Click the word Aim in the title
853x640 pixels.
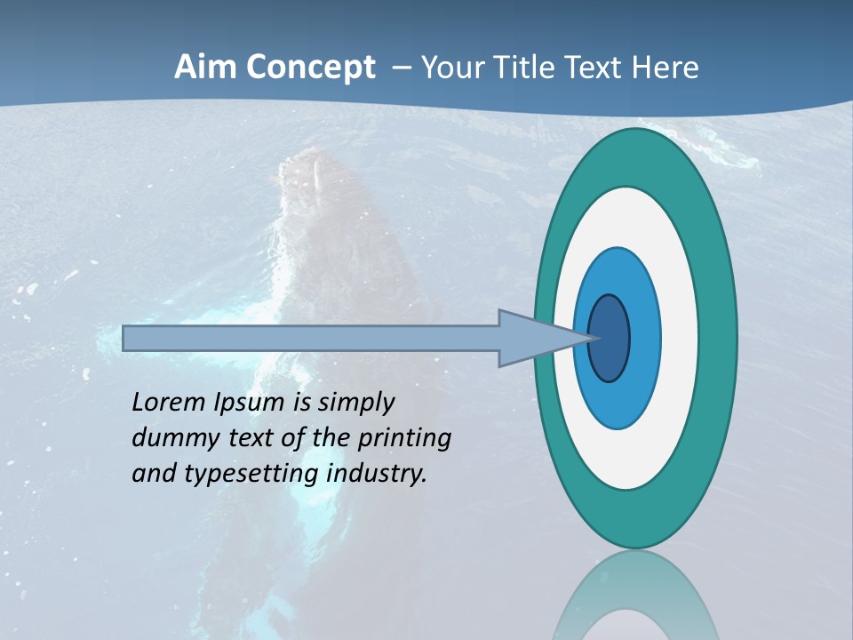(204, 68)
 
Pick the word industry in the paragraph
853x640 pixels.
(377, 474)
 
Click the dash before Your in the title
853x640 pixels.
(402, 68)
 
